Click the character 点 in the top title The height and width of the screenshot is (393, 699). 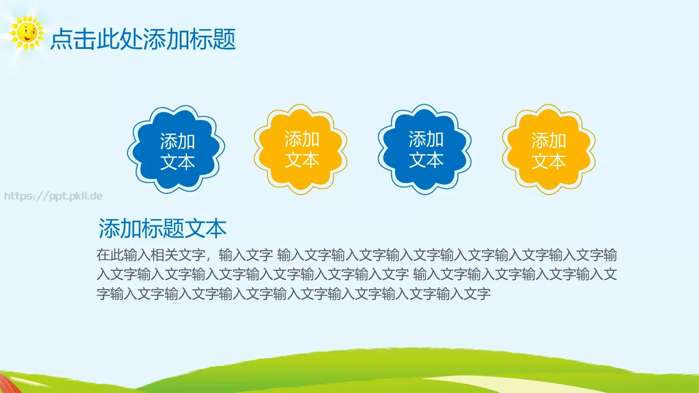[61, 39]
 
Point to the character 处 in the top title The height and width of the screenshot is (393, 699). [131, 39]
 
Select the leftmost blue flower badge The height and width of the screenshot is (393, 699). [176, 149]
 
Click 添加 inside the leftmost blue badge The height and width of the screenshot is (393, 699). [177, 141]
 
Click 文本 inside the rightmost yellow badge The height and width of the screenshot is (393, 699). [549, 162]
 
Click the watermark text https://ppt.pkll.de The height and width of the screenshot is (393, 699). [53, 196]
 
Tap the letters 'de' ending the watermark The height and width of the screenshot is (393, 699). [97, 196]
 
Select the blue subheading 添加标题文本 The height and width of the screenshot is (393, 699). [163, 228]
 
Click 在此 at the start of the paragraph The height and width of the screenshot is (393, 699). [110, 255]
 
